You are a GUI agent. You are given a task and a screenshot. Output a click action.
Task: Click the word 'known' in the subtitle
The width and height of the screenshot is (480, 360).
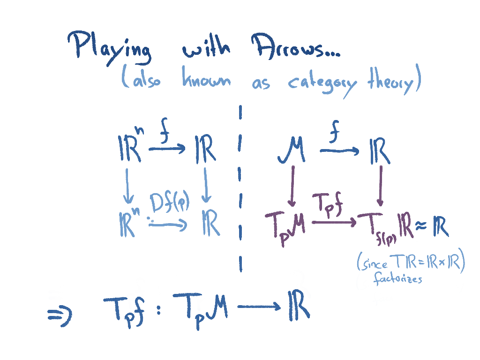pyautogui.click(x=206, y=80)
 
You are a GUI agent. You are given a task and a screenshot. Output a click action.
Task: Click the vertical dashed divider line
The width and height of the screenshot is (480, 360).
pyautogui.click(x=240, y=187)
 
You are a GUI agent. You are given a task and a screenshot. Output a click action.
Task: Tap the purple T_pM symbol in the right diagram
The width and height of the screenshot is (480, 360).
pyautogui.click(x=285, y=224)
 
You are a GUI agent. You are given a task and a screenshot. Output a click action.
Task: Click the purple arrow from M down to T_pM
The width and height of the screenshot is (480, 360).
pyautogui.click(x=292, y=186)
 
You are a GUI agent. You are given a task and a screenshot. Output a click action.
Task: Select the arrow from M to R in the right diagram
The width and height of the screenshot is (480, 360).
pyautogui.click(x=339, y=151)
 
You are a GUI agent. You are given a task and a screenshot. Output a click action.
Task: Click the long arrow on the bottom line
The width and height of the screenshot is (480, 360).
pyautogui.click(x=258, y=307)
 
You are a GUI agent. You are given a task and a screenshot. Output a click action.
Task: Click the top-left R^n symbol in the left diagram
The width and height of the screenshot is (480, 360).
pyautogui.click(x=130, y=149)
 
